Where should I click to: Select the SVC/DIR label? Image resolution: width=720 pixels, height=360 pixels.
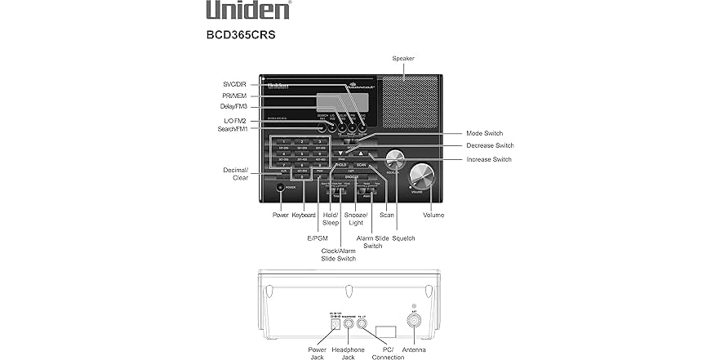pos(235,84)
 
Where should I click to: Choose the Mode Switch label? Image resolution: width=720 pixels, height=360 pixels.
pos(485,133)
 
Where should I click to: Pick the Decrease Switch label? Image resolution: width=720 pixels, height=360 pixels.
pos(490,145)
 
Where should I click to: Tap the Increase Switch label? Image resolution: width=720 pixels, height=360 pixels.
pos(489,159)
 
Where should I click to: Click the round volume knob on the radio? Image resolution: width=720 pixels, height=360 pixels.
pos(422,176)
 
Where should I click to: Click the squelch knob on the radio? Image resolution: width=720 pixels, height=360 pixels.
pos(394,159)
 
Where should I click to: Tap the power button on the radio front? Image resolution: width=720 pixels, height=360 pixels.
pos(281,187)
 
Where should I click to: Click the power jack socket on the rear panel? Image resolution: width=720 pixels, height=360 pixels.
pos(334,322)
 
